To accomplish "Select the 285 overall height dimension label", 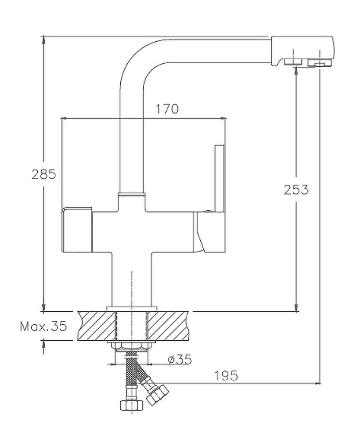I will tap(43, 174).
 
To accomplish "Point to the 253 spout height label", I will tap(296, 190).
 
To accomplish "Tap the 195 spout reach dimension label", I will tap(227, 376).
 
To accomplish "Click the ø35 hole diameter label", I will tap(180, 360).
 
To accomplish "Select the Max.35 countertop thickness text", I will tap(43, 326).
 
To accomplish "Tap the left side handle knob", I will tap(77, 229).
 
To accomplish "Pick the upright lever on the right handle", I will tap(220, 178).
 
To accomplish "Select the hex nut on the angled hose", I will tap(157, 394).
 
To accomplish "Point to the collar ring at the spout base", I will tap(131, 194).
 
